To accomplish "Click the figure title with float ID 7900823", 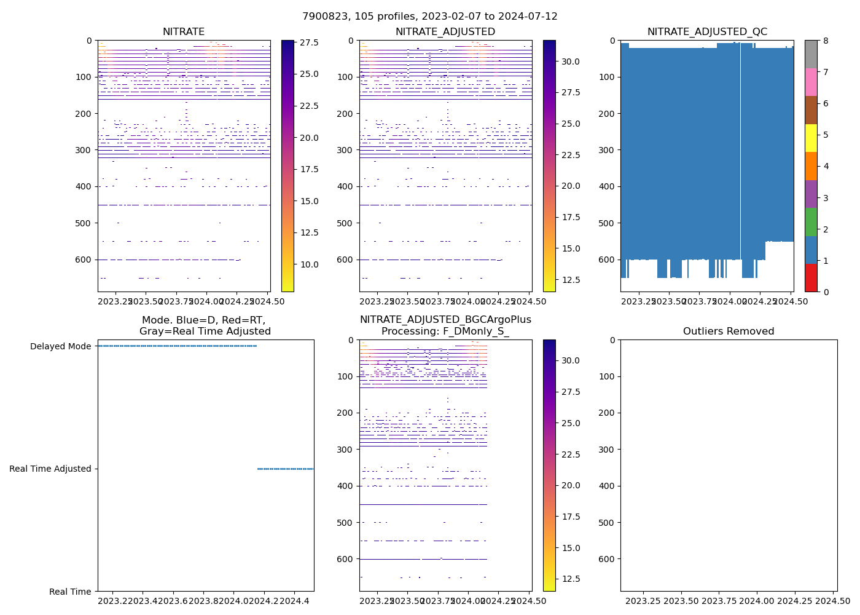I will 429,17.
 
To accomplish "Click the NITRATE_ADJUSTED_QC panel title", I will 707,32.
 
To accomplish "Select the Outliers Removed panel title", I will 729,331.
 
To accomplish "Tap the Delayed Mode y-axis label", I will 61,346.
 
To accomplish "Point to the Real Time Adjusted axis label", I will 50,469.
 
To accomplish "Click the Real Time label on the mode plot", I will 70,592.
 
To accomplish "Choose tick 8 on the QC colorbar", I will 826,41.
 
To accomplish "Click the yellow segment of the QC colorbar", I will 811,138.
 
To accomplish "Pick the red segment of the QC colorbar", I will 811,278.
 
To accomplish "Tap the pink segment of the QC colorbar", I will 811,82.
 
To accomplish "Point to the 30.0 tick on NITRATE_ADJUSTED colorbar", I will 571,61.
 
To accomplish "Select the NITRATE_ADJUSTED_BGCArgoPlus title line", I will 445,320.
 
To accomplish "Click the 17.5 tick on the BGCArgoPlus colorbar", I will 571,517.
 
